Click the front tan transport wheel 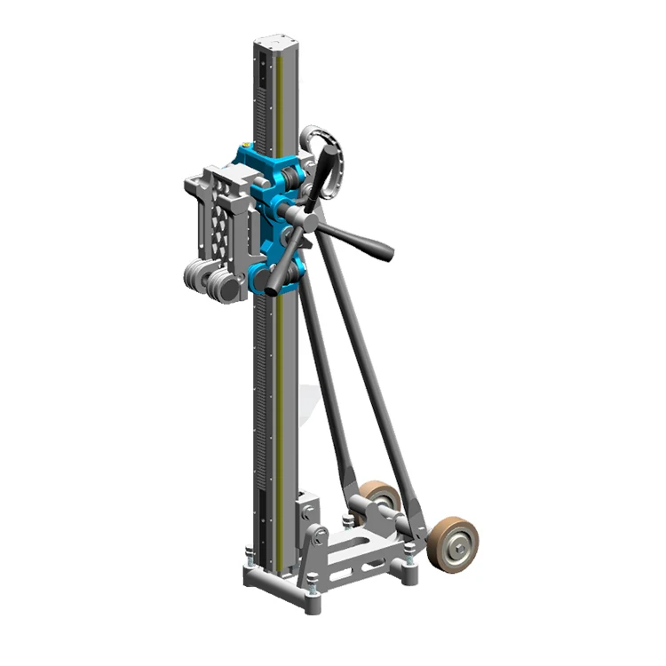pyautogui.click(x=452, y=543)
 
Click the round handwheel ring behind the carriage pyautogui.click(x=321, y=160)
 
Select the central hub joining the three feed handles pyautogui.click(x=298, y=217)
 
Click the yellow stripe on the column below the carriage pyautogui.click(x=281, y=400)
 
